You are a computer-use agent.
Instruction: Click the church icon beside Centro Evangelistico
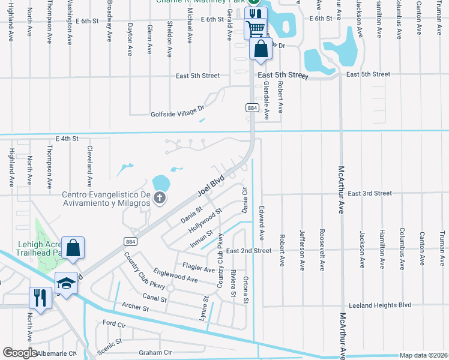tap(160, 197)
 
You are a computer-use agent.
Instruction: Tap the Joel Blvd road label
tap(211, 187)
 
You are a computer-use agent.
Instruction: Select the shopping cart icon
tap(256, 28)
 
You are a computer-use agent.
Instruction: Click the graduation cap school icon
tap(67, 283)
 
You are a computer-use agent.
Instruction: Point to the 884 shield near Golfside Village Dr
tap(252, 107)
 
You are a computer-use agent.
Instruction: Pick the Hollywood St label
tap(205, 220)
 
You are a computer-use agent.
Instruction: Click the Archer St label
tap(137, 308)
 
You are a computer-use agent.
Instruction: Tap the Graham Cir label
tap(155, 352)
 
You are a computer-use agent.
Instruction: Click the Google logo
tap(20, 353)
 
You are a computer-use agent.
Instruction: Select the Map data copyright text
tap(424, 355)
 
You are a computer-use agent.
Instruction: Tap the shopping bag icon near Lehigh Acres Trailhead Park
tap(72, 248)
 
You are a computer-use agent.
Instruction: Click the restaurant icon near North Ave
tap(40, 298)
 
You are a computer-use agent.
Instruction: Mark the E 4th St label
tap(67, 139)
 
